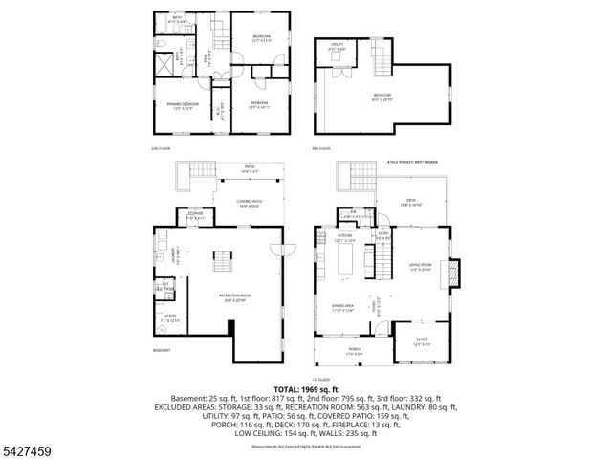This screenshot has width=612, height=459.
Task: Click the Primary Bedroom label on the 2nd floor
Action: [184, 106]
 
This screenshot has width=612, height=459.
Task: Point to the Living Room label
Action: [421, 266]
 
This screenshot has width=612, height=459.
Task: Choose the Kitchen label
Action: [344, 236]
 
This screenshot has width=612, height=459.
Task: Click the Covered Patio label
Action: [250, 202]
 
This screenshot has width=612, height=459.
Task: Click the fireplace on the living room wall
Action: [456, 273]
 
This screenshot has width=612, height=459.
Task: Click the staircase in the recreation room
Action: [223, 260]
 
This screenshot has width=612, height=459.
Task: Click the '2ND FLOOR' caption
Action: [160, 148]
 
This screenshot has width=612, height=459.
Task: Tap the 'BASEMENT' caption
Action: [162, 350]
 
